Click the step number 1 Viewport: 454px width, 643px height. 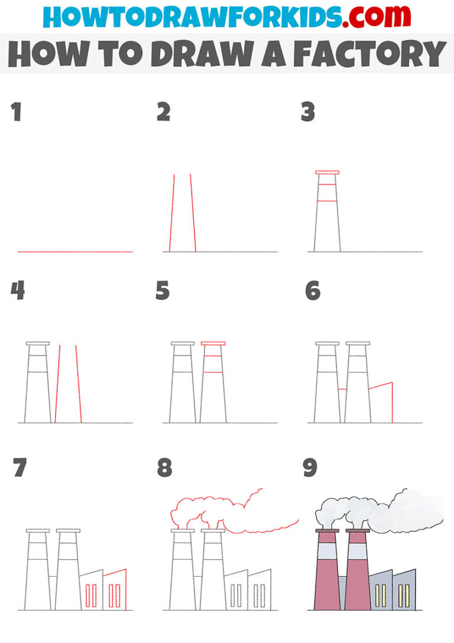click(16, 112)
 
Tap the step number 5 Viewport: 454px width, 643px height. click(163, 291)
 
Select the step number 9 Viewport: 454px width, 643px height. click(310, 468)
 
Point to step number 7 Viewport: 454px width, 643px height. click(19, 468)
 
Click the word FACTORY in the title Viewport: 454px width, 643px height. click(369, 54)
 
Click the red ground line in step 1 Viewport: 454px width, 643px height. click(75, 252)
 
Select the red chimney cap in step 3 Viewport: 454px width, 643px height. click(327, 172)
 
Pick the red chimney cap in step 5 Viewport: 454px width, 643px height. click(213, 343)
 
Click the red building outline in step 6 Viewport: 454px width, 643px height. click(381, 386)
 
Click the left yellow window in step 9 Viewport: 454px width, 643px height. click(380, 596)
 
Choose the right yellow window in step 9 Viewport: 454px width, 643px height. click(404, 596)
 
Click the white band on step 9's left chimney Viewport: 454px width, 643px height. click(327, 552)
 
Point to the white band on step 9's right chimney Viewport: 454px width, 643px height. click(357, 552)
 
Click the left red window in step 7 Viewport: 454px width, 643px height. click(90, 596)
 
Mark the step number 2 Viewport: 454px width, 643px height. click(163, 112)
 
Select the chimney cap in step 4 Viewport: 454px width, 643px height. click(37, 343)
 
